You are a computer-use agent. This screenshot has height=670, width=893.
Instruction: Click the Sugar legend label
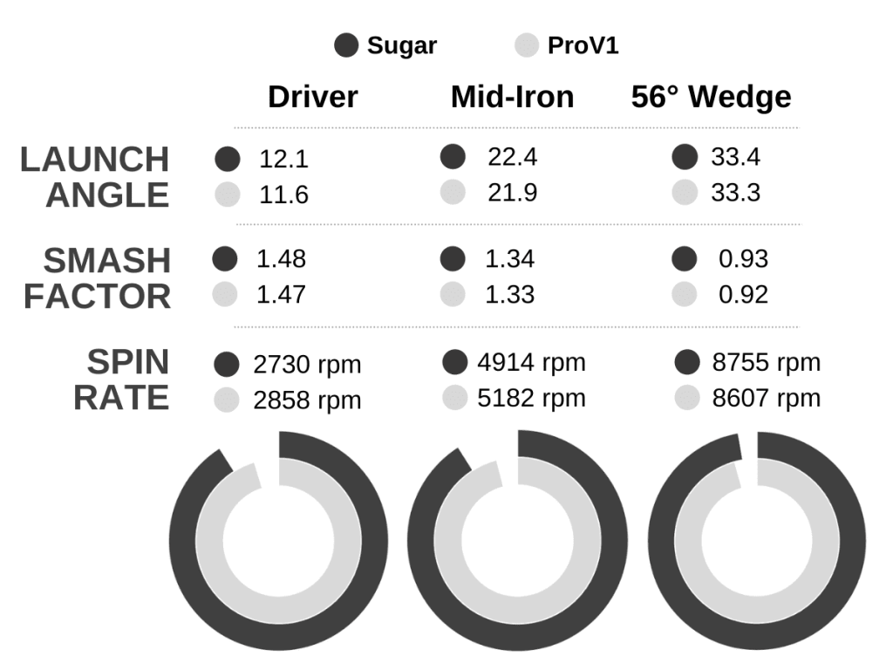[x=401, y=46]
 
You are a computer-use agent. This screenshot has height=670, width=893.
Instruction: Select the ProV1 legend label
[x=583, y=46]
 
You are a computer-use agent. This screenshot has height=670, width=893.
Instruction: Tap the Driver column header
[x=312, y=97]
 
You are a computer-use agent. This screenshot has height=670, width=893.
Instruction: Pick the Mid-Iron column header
[x=512, y=97]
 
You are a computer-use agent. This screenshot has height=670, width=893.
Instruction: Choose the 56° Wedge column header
[x=711, y=97]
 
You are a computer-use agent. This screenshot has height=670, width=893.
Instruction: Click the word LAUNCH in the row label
[x=94, y=160]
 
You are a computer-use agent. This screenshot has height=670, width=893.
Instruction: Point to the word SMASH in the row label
[x=106, y=260]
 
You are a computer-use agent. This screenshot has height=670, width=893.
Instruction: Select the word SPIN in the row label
[x=127, y=361]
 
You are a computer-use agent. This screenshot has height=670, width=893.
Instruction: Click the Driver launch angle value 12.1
[x=283, y=160]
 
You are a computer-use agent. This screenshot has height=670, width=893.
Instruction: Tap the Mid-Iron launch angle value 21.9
[x=512, y=194]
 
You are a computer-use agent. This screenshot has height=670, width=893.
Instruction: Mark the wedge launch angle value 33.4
[x=735, y=158]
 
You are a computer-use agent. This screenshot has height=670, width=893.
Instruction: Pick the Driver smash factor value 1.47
[x=281, y=295]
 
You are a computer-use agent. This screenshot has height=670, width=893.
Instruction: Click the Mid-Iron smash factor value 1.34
[x=510, y=259]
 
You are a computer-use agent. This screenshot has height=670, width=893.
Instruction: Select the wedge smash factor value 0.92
[x=743, y=295]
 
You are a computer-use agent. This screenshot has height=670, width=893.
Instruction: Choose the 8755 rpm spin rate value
[x=766, y=363]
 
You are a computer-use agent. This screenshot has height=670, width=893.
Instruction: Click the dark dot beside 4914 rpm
[x=455, y=362]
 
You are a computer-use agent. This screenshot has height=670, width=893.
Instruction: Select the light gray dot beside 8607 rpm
[x=688, y=398]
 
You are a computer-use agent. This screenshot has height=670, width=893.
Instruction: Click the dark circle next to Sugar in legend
[x=347, y=46]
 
